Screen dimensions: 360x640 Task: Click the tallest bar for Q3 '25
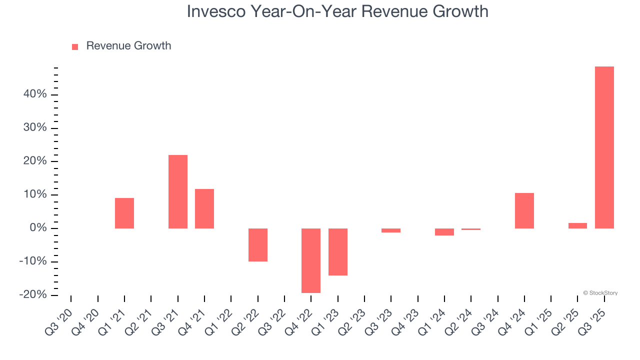tap(604, 147)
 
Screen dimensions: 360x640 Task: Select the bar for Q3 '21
tap(178, 191)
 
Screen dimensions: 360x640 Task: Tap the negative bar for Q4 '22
tap(311, 260)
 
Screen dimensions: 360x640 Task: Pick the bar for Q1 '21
tap(124, 213)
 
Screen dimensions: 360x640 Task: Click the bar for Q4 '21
tap(204, 208)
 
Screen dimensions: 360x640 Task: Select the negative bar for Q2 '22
tap(258, 245)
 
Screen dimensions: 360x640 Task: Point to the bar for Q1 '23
tap(338, 252)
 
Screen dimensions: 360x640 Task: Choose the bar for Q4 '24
tap(524, 210)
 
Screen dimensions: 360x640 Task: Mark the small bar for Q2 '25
tap(577, 225)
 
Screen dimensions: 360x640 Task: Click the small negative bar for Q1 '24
tap(444, 232)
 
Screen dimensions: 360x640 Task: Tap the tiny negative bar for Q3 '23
tap(391, 230)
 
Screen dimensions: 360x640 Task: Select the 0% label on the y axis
tap(38, 228)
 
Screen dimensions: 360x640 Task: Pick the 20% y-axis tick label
tap(35, 161)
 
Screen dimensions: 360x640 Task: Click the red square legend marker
tap(75, 46)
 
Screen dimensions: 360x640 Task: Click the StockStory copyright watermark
tap(600, 293)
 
